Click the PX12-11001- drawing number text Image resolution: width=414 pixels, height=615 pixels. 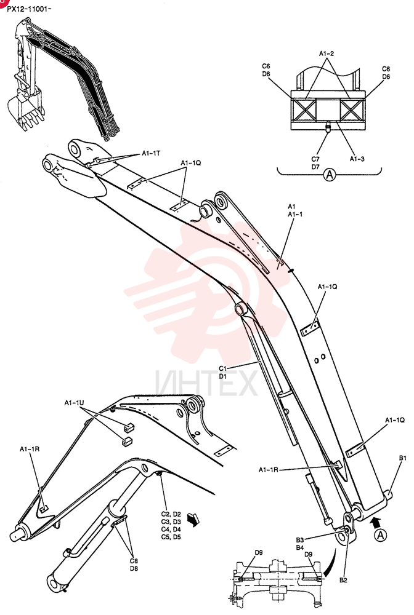click(29, 8)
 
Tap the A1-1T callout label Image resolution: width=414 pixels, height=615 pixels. click(151, 153)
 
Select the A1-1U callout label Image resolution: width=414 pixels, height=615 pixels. click(75, 403)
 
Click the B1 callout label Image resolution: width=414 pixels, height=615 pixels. click(403, 458)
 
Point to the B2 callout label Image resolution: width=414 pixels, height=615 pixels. click(344, 580)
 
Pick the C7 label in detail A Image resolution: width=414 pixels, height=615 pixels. click(315, 159)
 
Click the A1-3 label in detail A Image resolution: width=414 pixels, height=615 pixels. click(357, 159)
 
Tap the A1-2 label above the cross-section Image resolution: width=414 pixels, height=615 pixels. click(327, 54)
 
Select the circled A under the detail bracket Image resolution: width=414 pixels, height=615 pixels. click(330, 174)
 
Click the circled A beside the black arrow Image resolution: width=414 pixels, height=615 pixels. click(380, 535)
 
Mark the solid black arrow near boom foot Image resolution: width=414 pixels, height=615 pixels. click(376, 522)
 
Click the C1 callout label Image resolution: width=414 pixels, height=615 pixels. click(223, 368)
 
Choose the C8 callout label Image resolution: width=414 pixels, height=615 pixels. click(134, 561)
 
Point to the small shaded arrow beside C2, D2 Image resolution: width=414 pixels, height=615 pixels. click(193, 518)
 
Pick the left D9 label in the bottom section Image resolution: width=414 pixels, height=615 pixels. click(259, 553)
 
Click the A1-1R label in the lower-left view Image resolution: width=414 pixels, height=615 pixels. click(30, 449)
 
